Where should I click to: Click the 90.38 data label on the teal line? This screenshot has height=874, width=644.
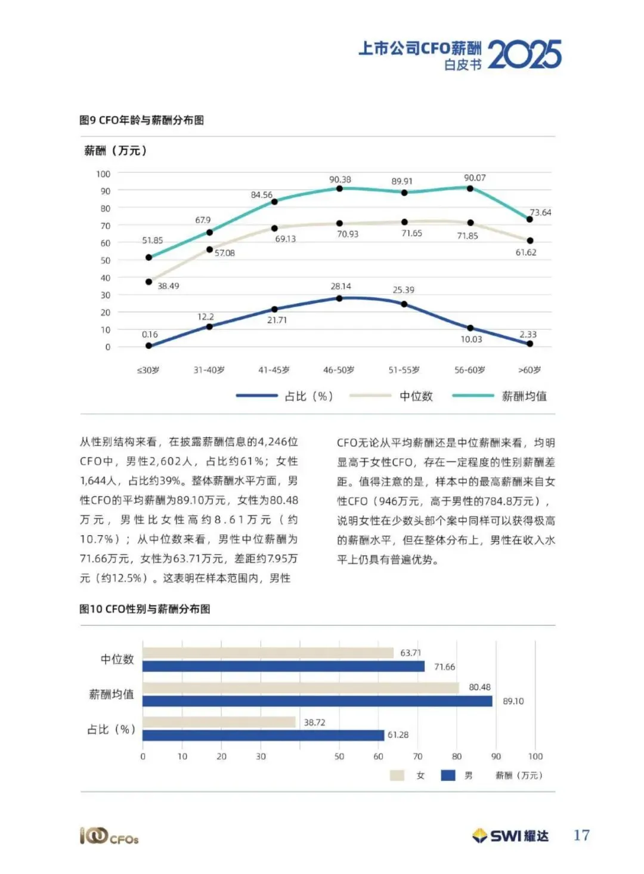340,180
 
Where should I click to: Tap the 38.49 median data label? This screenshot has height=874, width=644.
168,286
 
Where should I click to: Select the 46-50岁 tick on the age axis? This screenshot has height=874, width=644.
339,369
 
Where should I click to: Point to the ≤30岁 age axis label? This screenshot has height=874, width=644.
148,370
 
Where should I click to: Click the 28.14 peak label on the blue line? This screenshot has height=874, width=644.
340,286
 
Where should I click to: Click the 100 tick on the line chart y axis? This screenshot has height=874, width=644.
103,174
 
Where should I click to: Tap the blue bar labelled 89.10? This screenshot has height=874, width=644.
317,701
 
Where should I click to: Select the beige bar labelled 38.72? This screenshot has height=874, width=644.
219,722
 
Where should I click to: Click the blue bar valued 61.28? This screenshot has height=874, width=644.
264,736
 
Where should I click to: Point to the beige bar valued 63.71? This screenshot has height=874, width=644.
268,653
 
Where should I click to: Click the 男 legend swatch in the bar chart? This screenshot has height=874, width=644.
448,776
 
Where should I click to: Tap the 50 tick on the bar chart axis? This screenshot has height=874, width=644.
339,756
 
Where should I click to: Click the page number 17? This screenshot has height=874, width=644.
581,835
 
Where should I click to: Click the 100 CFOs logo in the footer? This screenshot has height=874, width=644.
109,836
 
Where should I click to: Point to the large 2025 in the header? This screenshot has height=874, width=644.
525,54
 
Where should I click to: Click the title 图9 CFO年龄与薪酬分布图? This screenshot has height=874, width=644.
141,120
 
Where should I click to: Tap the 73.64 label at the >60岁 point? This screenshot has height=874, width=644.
540,212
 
